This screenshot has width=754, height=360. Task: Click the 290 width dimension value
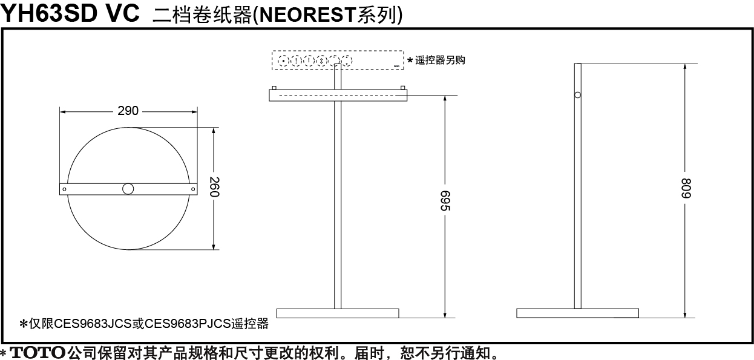[128, 111]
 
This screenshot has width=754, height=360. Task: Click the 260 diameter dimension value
[214, 187]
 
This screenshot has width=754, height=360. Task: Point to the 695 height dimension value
[445, 201]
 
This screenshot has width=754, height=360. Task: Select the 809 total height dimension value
[686, 188]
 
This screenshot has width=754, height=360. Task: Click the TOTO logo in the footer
[38, 353]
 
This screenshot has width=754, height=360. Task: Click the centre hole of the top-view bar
[128, 189]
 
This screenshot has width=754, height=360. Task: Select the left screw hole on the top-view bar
[64, 189]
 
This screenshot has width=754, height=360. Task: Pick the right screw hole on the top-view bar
[193, 189]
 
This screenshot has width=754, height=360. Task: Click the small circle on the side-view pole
[578, 95]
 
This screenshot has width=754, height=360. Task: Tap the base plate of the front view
[338, 313]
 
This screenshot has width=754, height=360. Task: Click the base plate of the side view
[578, 313]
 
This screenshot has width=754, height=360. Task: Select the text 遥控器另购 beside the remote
[440, 61]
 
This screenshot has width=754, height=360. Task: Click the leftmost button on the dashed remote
[283, 61]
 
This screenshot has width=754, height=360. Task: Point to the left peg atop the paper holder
[274, 88]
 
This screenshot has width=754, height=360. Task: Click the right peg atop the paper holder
[402, 88]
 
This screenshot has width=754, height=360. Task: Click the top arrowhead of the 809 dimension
[686, 67]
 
